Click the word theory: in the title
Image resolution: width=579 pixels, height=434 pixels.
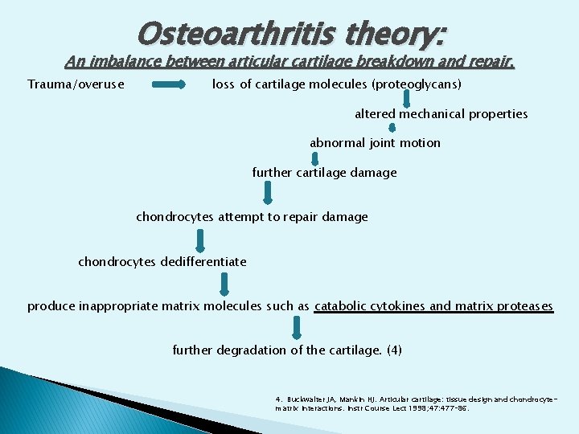394,33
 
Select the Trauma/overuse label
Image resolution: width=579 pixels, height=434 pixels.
76,84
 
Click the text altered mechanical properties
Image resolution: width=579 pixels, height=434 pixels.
441,114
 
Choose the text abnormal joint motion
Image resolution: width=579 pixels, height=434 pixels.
375,143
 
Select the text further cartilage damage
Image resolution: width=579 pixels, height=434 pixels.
324,173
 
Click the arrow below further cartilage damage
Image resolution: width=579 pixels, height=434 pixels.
268,192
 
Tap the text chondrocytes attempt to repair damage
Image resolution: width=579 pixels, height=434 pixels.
252,217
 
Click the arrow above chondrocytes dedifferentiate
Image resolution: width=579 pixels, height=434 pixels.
200,240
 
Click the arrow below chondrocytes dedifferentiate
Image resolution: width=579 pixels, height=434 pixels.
224,284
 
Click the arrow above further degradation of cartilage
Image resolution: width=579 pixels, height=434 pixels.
297,327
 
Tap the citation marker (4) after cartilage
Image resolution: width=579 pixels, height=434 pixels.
394,350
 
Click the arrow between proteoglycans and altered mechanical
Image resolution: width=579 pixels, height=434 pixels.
407,99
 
